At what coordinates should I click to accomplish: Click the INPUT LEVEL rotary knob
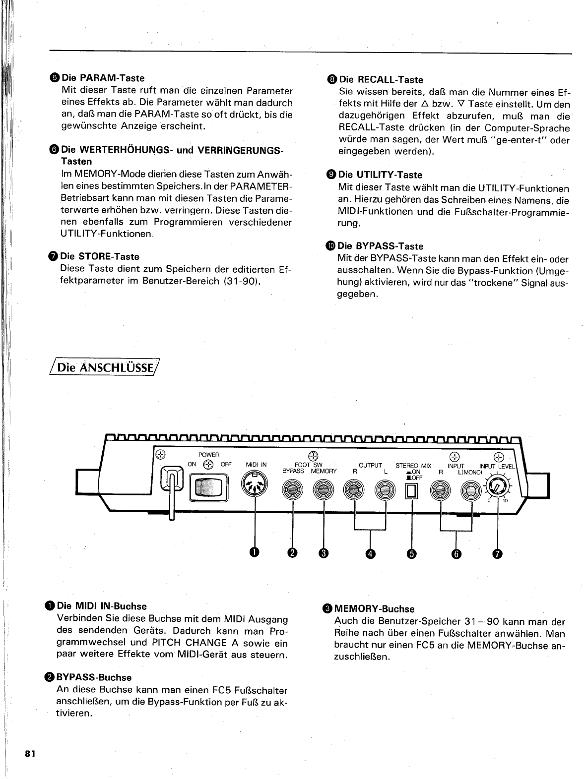point(497,487)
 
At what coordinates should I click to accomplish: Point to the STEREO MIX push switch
point(412,490)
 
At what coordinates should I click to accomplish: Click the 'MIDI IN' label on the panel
point(256,465)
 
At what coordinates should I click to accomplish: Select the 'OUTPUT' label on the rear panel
point(370,465)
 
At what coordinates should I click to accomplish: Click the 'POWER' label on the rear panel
point(208,454)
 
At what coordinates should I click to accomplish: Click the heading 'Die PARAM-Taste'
point(103,78)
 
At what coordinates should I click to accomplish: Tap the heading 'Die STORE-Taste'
point(99,256)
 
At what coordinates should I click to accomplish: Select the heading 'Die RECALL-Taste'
point(381,80)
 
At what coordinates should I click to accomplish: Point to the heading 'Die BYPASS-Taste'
point(380,246)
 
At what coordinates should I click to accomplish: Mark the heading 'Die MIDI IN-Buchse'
point(102,606)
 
